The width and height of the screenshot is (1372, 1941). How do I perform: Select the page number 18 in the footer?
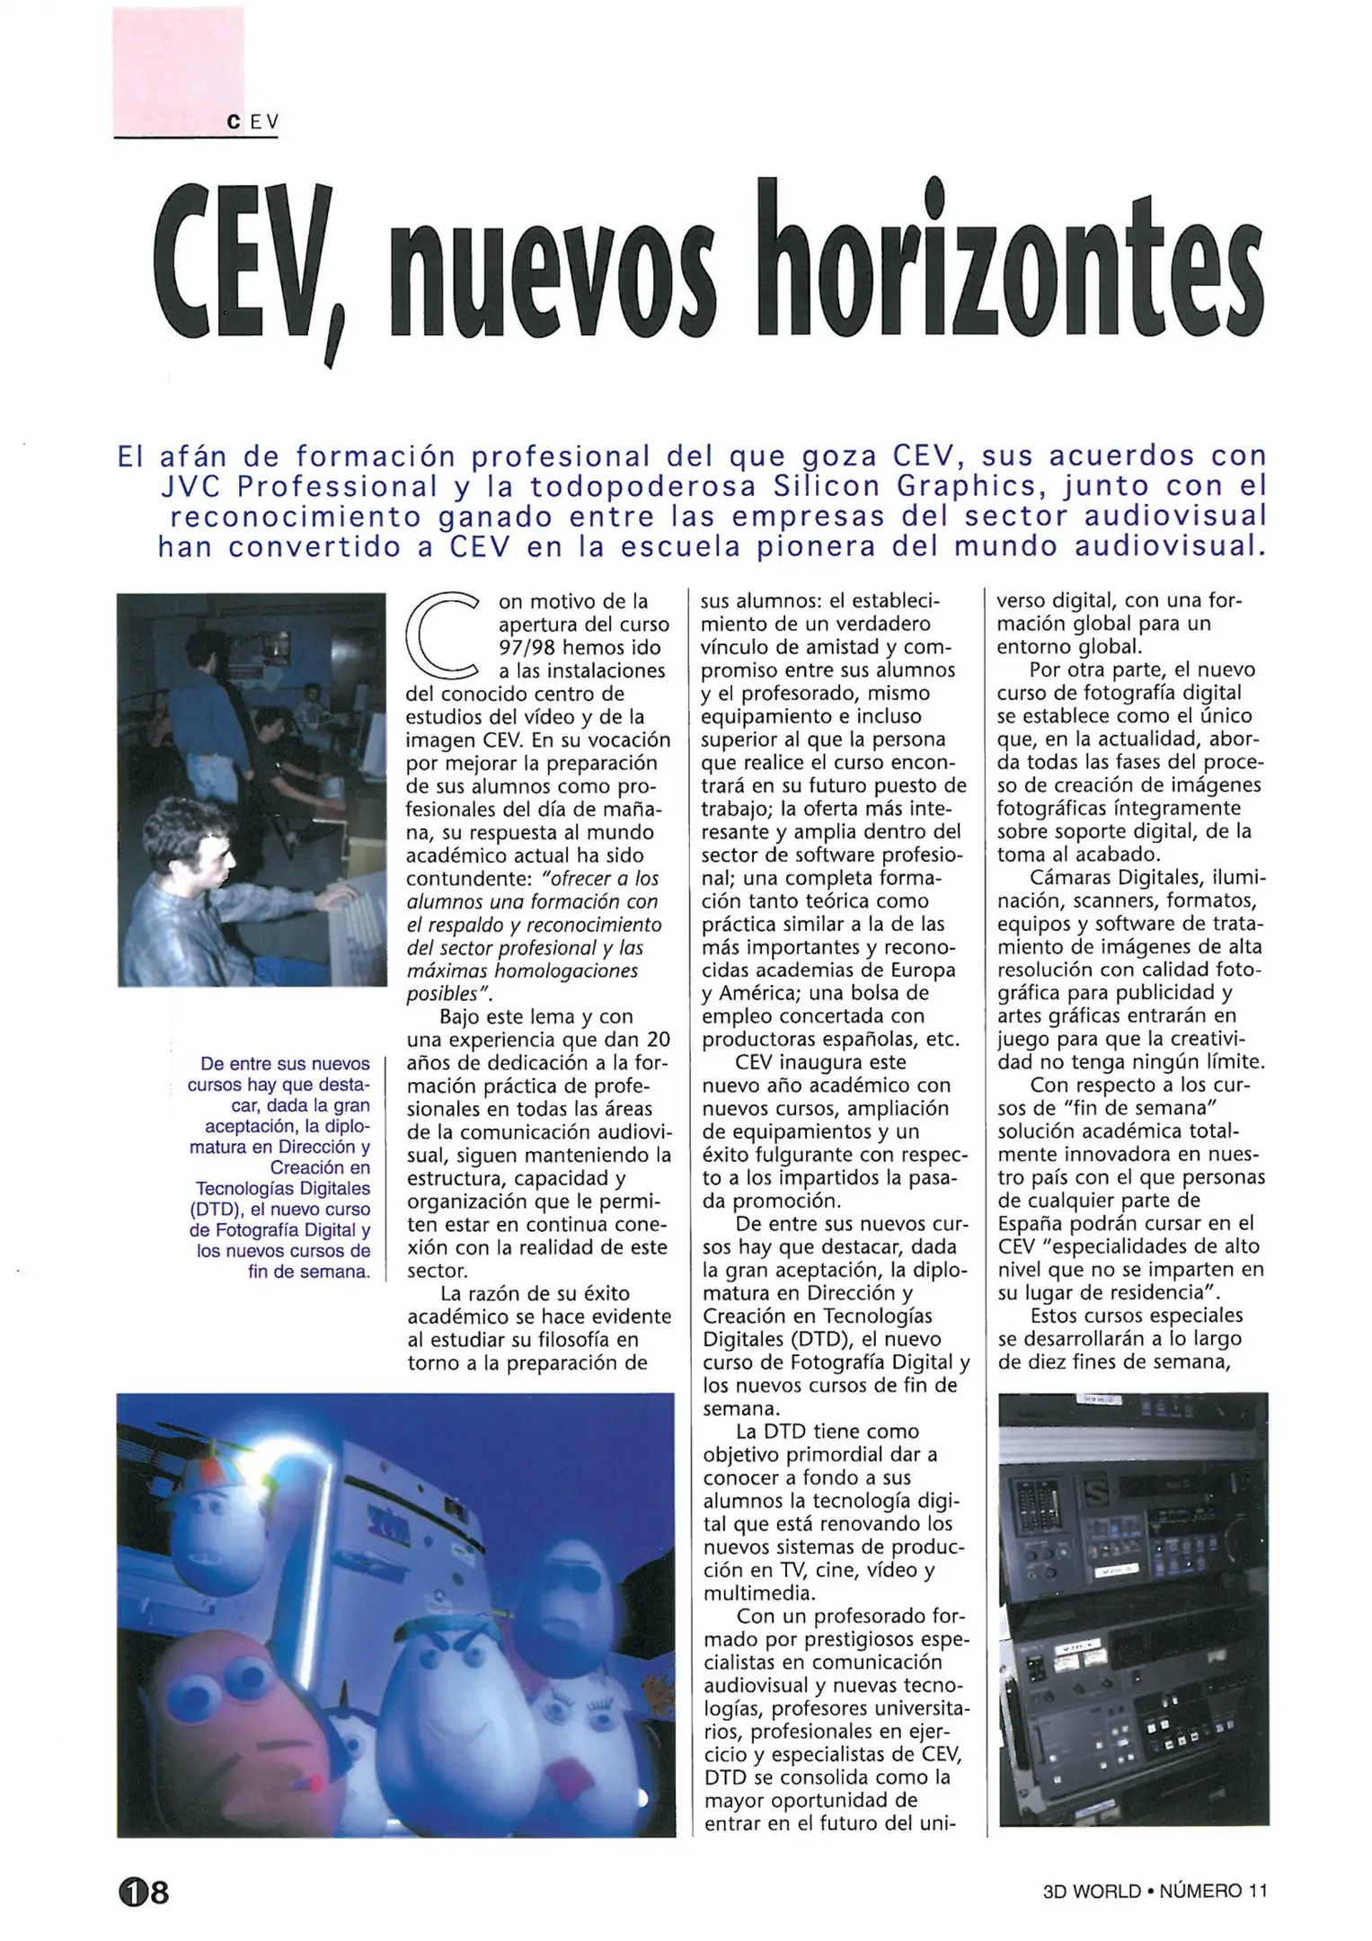144,1892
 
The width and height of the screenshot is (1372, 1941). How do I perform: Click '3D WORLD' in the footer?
1091,1891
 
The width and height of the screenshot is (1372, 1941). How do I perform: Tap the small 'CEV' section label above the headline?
253,122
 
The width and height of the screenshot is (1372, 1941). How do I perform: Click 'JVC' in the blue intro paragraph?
190,486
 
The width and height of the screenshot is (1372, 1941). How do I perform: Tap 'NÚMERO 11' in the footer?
1213,1891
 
